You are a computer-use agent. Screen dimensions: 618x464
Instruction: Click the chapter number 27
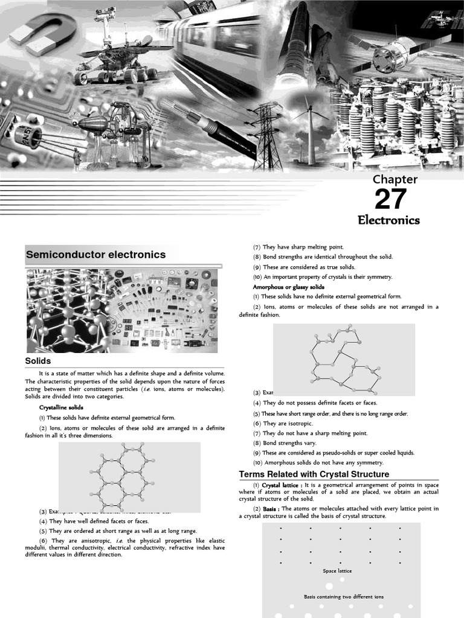[390, 199]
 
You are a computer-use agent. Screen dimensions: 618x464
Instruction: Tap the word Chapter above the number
[395, 179]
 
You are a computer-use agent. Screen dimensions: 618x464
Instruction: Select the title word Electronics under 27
[388, 220]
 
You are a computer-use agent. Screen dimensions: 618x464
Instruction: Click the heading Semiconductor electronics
[95, 255]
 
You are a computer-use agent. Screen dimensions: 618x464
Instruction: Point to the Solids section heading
[37, 361]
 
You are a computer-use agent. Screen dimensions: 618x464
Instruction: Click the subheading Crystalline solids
[61, 407]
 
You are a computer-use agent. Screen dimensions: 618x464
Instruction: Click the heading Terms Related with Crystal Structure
[314, 474]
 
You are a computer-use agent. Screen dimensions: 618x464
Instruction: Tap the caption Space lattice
[337, 570]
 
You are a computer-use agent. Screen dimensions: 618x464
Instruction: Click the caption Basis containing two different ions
[343, 597]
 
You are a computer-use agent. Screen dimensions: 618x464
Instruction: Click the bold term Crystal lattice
[282, 485]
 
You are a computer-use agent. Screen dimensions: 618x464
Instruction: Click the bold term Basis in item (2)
[270, 509]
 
